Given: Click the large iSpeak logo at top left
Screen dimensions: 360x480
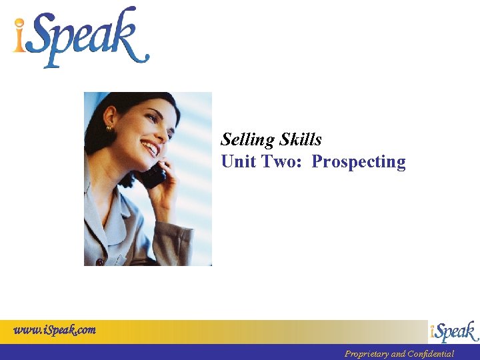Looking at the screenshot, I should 80,37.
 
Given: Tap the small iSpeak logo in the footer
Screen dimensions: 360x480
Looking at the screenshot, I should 453,331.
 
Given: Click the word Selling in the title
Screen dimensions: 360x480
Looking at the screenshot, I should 248,140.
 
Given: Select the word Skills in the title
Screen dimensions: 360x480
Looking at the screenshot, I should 301,140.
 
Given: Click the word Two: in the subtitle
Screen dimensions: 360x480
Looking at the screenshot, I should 285,162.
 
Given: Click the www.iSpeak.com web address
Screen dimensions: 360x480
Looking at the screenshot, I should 55,329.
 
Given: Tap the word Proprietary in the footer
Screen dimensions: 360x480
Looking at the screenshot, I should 366,354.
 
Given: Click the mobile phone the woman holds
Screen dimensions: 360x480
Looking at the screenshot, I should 153,175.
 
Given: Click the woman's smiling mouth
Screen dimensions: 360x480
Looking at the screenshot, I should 150,148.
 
